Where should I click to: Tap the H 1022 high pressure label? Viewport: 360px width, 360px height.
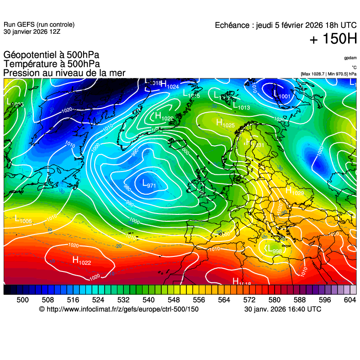82,260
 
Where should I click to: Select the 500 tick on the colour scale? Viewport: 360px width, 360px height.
23,300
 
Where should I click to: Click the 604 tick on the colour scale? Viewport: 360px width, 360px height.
350,300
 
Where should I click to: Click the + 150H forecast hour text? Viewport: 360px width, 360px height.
333,40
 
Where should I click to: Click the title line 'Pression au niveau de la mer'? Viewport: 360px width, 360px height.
64,73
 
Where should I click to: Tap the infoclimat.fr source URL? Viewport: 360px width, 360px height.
119,309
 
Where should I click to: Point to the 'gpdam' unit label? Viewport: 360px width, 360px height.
350,58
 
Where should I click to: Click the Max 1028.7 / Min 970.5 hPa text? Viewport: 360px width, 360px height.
328,73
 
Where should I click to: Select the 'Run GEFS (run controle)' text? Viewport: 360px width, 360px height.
39,25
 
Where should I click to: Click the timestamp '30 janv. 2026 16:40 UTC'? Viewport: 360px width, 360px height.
283,309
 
